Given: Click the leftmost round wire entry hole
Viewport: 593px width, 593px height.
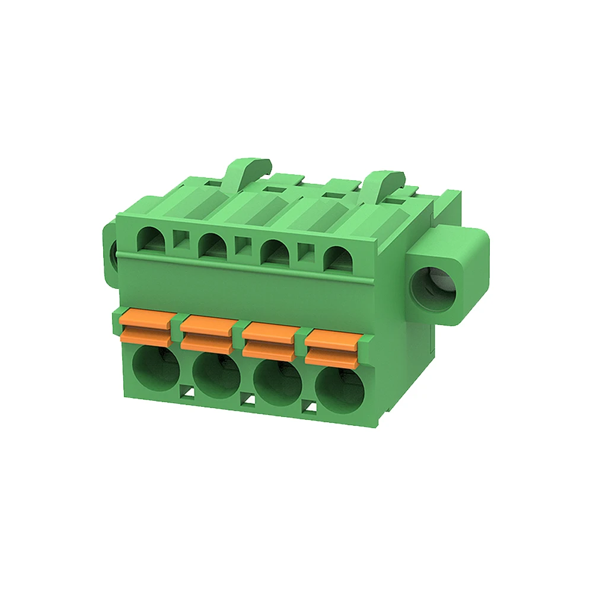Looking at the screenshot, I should coord(155,368).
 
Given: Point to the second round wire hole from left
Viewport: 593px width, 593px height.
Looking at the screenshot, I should coord(216,376).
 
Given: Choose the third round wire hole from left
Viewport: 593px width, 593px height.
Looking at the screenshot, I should coord(278,384).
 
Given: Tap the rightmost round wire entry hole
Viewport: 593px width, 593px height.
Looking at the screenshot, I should coord(340,393).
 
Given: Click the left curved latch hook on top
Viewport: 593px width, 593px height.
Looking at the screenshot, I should coord(246,169).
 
